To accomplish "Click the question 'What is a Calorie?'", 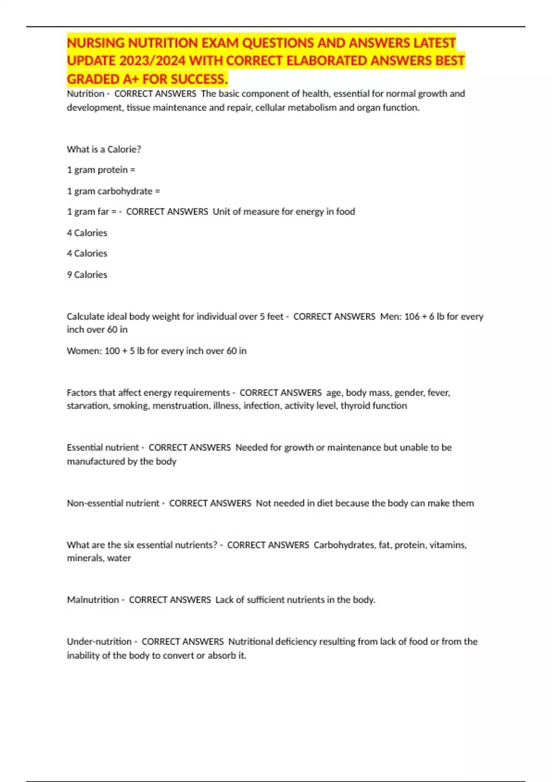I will tap(104, 149).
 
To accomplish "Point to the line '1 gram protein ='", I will tap(101, 170).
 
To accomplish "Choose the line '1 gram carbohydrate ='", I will tap(113, 191).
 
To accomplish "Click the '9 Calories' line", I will tap(87, 275).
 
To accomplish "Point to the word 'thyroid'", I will tap(355, 406).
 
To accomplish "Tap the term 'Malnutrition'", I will tap(93, 600).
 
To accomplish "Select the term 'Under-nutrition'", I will tap(99, 642).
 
